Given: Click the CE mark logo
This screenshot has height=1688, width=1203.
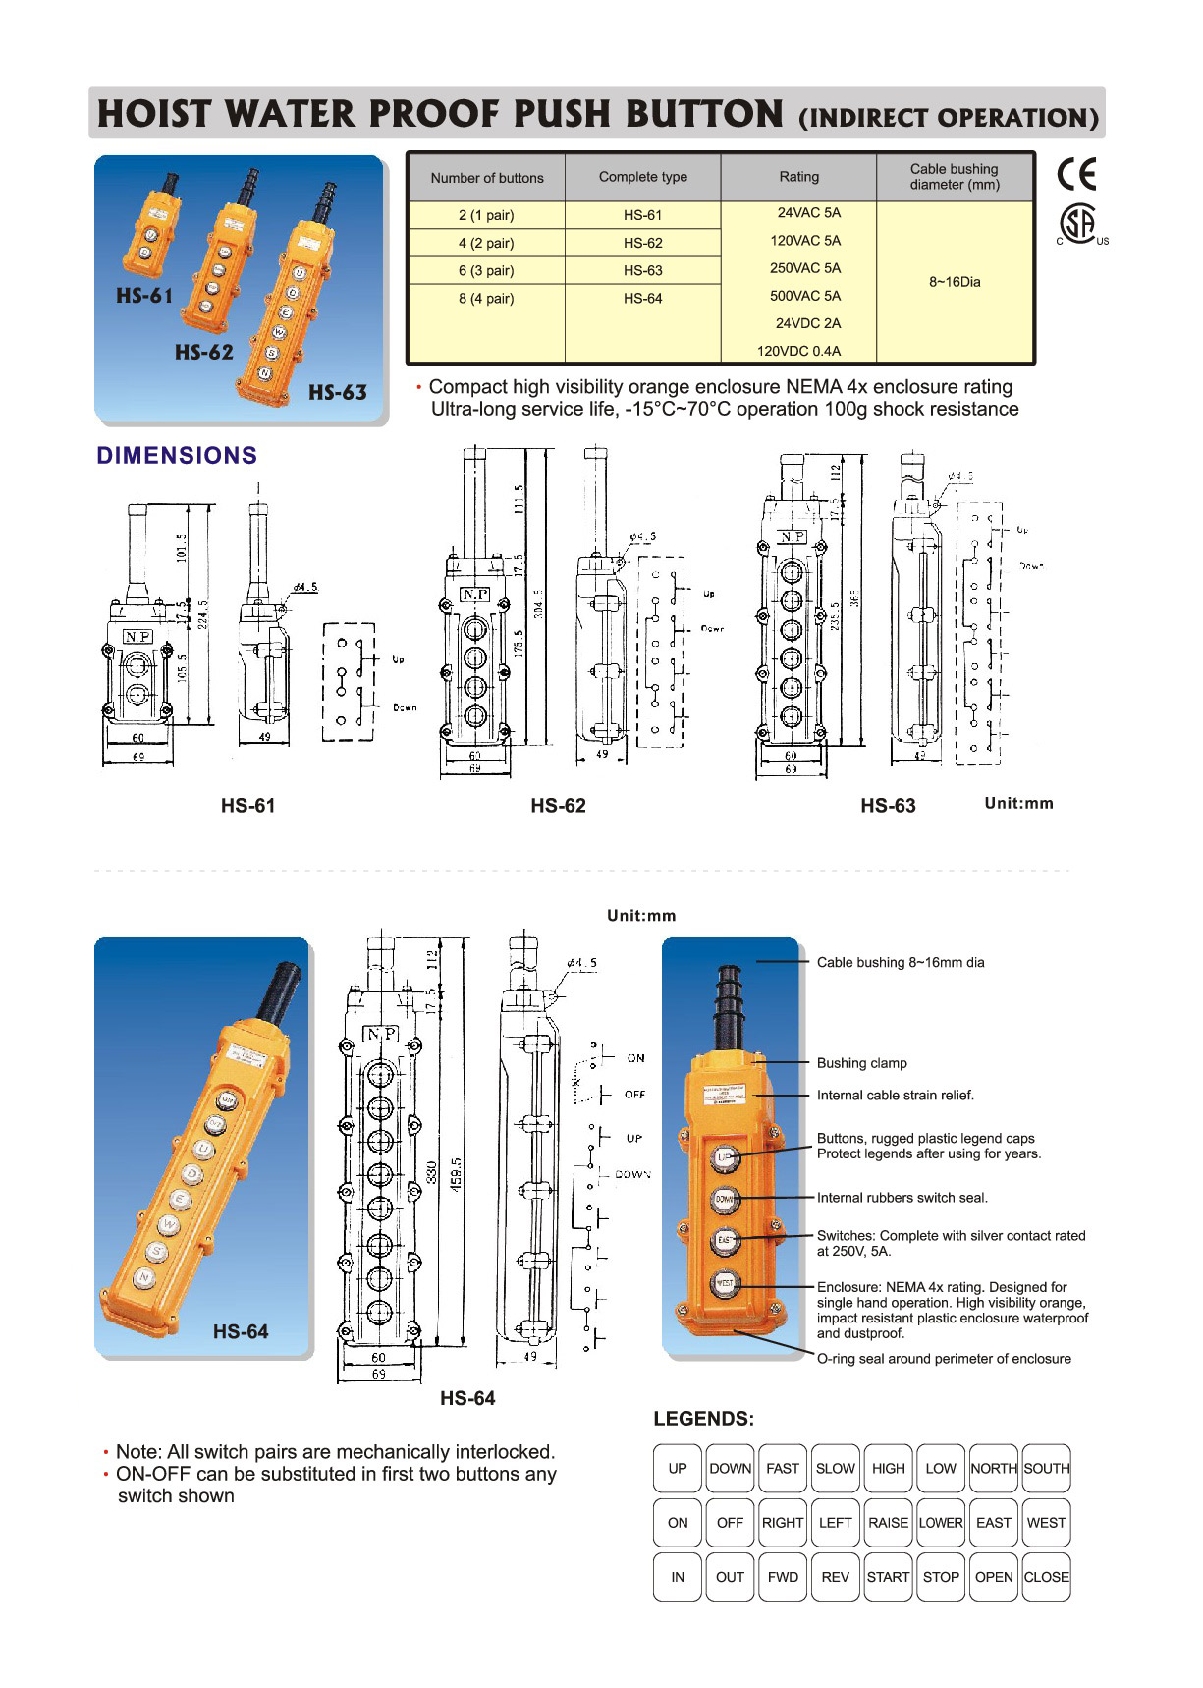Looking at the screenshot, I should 1075,173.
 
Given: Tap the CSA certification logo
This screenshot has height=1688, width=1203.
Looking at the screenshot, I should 1079,224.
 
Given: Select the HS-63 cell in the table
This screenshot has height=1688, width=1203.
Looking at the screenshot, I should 642,270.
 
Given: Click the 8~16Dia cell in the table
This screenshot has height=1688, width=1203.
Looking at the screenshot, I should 955,282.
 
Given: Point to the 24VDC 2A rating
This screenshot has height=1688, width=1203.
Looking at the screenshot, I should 807,323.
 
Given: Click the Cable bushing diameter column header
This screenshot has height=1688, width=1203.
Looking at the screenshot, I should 954,177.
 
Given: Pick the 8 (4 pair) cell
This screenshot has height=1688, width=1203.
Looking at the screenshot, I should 486,298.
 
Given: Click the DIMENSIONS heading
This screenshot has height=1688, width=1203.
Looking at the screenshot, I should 177,456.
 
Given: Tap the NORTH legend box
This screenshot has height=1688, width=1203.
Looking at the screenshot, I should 993,1468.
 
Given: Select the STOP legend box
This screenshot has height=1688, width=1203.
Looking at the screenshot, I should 940,1576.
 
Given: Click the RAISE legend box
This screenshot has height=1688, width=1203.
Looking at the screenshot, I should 888,1522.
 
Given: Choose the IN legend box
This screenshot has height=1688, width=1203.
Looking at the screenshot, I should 678,1576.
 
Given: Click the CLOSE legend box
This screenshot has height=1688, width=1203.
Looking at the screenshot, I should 1046,1576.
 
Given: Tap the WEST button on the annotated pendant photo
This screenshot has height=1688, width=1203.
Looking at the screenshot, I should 725,1283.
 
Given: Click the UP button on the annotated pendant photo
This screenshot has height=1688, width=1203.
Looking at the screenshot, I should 725,1157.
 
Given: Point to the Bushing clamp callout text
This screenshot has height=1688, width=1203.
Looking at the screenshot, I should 861,1063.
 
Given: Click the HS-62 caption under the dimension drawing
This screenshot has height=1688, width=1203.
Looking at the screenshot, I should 558,806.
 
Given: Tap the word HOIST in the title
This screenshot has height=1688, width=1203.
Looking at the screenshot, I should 153,114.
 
